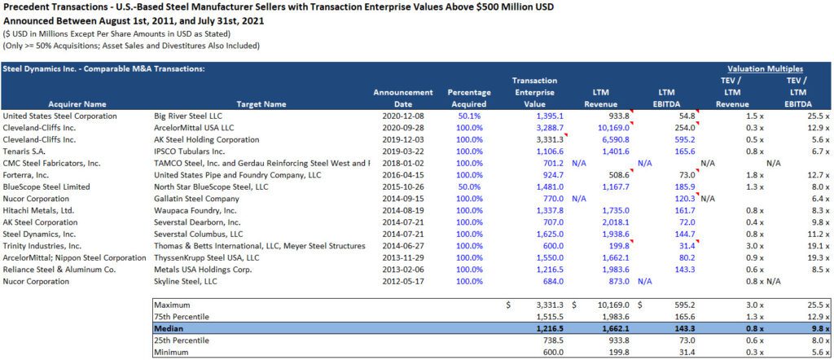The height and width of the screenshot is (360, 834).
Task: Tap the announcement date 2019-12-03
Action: [x=402, y=140]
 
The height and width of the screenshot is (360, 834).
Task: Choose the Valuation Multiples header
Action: [x=765, y=69]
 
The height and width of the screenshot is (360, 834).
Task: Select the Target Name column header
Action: [x=261, y=104]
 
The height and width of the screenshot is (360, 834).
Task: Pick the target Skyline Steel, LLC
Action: [x=187, y=281]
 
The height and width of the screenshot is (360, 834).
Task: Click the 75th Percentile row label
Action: [x=182, y=316]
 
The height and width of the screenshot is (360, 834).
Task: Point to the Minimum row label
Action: [x=173, y=351]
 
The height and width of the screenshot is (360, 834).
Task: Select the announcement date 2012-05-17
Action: [x=402, y=281]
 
